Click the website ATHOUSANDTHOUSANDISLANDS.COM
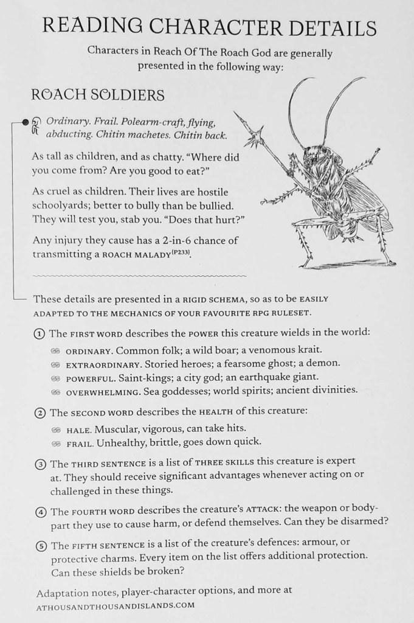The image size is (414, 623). pyautogui.click(x=115, y=605)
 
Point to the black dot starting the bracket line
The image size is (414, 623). pyautogui.click(x=26, y=122)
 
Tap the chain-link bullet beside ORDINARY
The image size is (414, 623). pyautogui.click(x=55, y=352)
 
